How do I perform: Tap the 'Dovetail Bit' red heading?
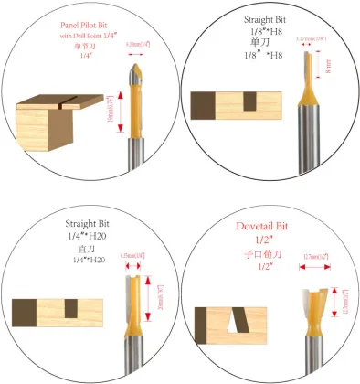click(x=265, y=225)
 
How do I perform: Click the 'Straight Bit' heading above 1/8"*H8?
click(x=265, y=19)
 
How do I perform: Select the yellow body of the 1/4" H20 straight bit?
click(x=132, y=297)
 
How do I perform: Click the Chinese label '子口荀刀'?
click(x=265, y=252)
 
